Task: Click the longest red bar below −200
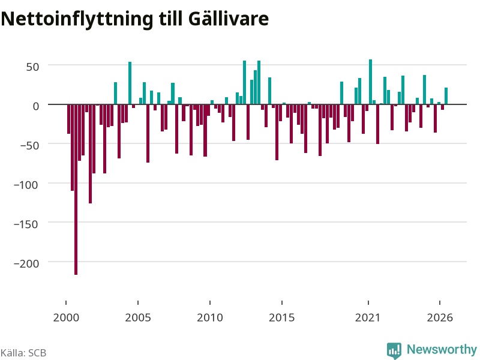tap(76, 190)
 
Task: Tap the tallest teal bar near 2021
tap(370, 82)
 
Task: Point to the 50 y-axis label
tap(32, 67)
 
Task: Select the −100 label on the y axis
tap(26, 185)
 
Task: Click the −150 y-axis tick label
tap(26, 224)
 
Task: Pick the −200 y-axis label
tap(26, 263)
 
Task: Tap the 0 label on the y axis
tap(36, 106)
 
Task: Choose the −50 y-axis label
tap(29, 145)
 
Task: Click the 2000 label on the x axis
tap(66, 317)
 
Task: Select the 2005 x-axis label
tap(138, 317)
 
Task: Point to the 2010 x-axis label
tap(210, 317)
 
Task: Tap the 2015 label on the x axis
tap(282, 317)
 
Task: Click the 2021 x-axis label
tap(368, 317)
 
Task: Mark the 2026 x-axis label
tap(440, 317)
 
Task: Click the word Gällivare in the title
tap(229, 19)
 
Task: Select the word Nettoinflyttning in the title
tap(77, 20)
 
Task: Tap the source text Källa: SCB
tap(23, 353)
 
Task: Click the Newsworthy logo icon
tap(394, 350)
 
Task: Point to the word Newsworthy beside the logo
tap(442, 349)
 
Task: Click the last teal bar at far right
tap(446, 96)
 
